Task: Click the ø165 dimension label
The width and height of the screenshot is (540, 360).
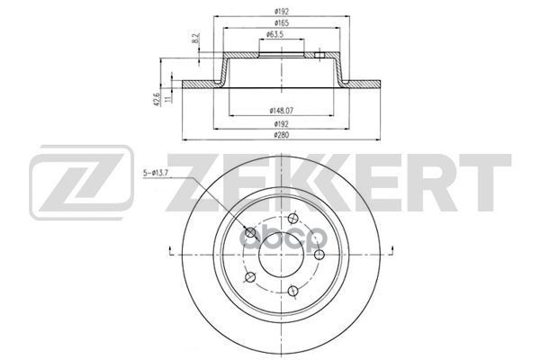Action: point(282,23)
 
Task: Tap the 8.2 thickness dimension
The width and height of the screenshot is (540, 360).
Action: point(196,38)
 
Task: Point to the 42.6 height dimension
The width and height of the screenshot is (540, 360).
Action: point(157,99)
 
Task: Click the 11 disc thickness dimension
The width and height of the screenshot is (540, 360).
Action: point(167,99)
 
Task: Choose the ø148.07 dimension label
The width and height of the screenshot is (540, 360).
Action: point(281,111)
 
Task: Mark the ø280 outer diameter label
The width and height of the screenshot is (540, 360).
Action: point(282,135)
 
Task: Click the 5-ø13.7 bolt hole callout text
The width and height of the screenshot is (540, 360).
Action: point(156,174)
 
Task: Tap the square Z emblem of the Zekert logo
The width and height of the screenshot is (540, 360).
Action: point(81,183)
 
